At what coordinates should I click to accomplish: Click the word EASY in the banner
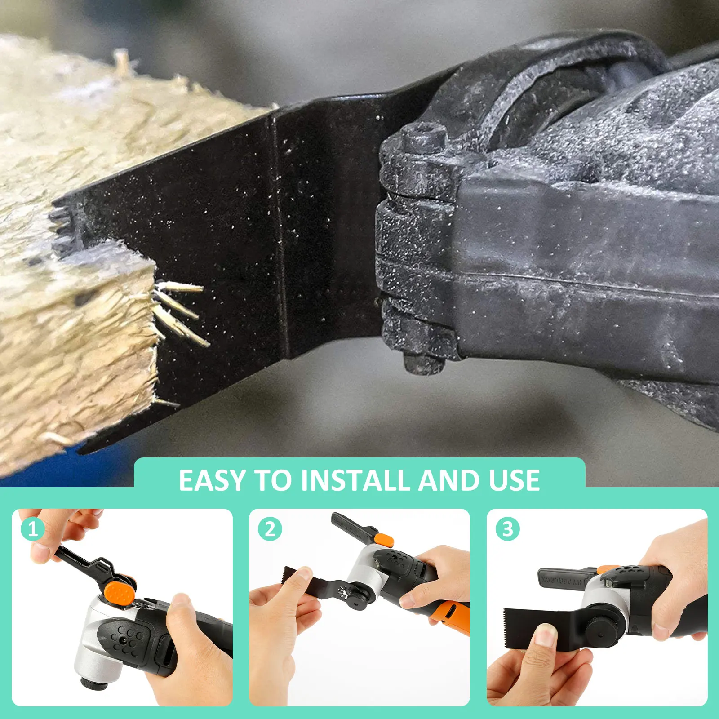coord(213,480)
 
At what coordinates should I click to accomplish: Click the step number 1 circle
coord(33,529)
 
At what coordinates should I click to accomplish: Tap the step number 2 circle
coord(270,529)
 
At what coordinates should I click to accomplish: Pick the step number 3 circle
coord(508,529)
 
